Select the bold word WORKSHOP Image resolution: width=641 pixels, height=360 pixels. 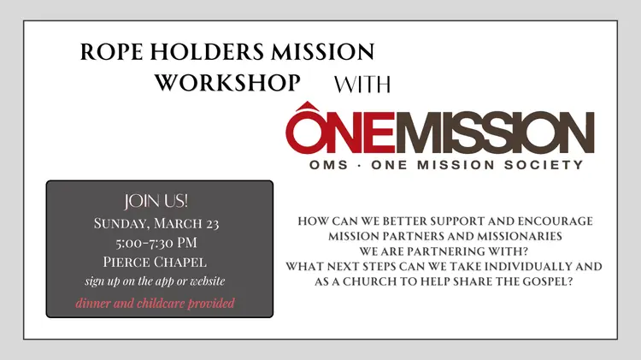(x=227, y=82)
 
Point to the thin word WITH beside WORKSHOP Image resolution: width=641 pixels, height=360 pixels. (x=362, y=85)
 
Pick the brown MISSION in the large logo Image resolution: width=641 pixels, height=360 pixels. (x=494, y=133)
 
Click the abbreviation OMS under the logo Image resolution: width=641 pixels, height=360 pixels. (x=329, y=165)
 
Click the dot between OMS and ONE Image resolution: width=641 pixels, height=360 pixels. (x=359, y=165)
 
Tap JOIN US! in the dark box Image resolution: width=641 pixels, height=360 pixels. (x=156, y=201)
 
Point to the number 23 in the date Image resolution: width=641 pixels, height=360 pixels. (x=213, y=224)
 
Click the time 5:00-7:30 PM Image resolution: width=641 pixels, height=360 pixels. (x=156, y=243)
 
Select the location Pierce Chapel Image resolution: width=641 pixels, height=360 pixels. (x=155, y=262)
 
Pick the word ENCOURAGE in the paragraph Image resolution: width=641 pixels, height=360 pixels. (x=556, y=221)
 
